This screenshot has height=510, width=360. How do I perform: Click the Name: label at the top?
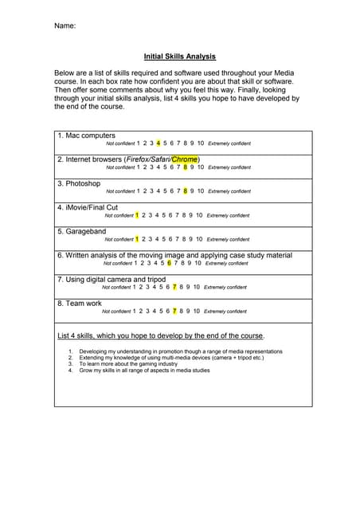click(65, 26)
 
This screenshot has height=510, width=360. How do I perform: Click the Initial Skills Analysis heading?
click(179, 57)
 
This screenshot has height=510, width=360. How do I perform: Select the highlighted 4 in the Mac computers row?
click(158, 143)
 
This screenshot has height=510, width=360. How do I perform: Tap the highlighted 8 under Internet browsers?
click(186, 167)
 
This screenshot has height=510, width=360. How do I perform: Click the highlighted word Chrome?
click(185, 159)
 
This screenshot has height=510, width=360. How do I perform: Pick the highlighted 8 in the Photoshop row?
click(186, 191)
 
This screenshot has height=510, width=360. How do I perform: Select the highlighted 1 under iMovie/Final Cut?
click(137, 215)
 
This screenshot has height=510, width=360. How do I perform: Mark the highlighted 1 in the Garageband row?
click(137, 239)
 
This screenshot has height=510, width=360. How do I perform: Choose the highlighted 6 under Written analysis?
click(169, 263)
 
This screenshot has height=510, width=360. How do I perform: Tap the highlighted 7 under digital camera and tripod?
click(174, 287)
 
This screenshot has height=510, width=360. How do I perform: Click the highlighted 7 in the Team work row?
click(174, 311)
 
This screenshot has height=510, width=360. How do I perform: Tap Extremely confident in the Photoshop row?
click(229, 191)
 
